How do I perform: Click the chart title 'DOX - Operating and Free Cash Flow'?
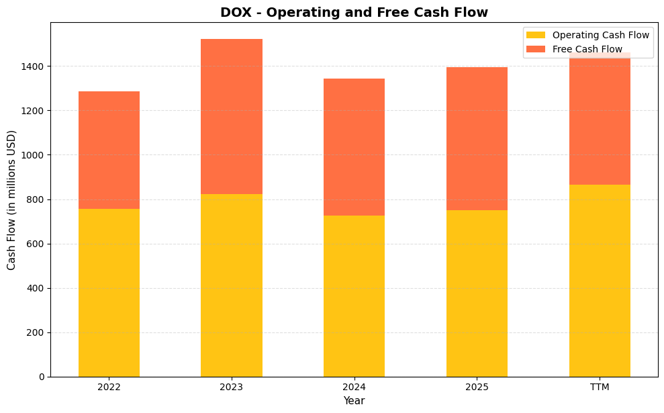[354, 12]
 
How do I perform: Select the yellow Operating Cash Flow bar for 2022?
[109, 293]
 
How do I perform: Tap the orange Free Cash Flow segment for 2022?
[109, 150]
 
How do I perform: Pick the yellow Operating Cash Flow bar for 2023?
[232, 285]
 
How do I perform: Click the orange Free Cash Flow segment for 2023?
[232, 116]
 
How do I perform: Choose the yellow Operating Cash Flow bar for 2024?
[354, 296]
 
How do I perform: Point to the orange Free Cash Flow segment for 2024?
[354, 147]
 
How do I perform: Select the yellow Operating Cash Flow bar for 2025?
[477, 293]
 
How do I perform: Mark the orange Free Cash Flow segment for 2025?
[477, 138]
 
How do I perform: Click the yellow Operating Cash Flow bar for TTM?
[600, 281]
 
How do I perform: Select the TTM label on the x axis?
[600, 387]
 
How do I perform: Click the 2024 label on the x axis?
[354, 387]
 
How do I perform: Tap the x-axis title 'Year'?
[354, 401]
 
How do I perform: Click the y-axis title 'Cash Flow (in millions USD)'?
[11, 200]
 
